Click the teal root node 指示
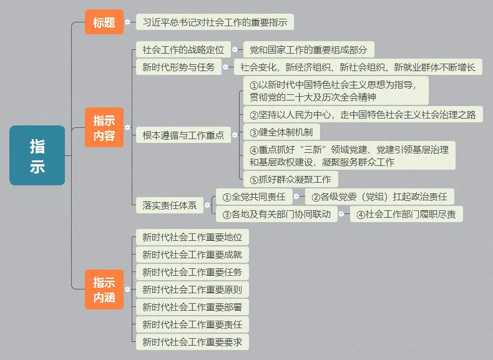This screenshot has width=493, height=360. click(37, 155)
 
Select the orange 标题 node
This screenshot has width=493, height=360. click(104, 22)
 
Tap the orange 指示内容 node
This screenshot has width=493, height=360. click(104, 127)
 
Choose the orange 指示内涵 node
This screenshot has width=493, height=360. click(104, 289)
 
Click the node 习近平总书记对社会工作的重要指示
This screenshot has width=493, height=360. click(215, 22)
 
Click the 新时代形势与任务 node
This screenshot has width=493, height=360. click(178, 67)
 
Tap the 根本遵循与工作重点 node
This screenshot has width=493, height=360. click(183, 135)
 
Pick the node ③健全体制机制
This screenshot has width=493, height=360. click(281, 132)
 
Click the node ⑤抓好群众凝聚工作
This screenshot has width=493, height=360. click(290, 180)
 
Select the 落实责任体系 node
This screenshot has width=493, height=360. click(169, 205)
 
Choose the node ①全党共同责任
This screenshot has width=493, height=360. click(254, 197)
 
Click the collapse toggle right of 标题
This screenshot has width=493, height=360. click(127, 22)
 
